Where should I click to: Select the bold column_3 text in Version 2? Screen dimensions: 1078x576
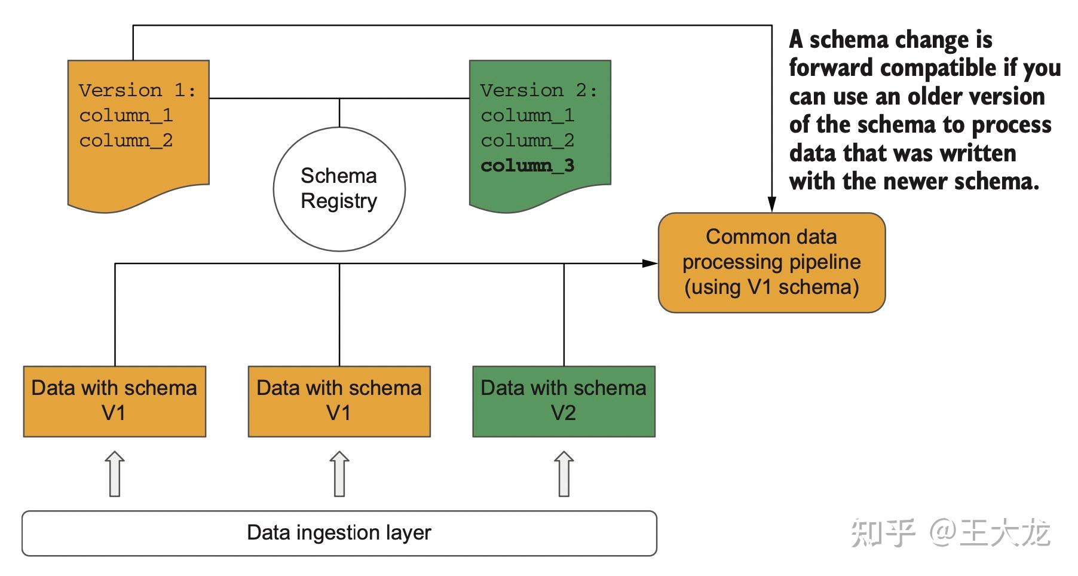point(528,166)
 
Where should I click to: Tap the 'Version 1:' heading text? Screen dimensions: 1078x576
point(137,90)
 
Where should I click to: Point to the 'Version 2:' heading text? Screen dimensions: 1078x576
point(539,90)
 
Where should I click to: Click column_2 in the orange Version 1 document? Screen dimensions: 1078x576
point(126,140)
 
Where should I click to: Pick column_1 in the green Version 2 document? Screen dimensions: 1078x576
point(528,115)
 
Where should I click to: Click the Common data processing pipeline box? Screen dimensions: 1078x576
point(771,262)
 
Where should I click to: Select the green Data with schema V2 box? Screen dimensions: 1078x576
point(563,401)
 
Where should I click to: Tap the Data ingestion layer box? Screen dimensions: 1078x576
point(339,533)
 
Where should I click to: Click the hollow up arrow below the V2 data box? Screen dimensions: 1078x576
point(563,474)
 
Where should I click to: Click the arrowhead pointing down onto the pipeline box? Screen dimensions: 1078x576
point(771,204)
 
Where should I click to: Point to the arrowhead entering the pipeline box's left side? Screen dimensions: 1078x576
point(650,263)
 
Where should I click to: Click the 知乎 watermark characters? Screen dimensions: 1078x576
point(883,532)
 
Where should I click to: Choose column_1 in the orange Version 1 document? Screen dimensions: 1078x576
point(126,115)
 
